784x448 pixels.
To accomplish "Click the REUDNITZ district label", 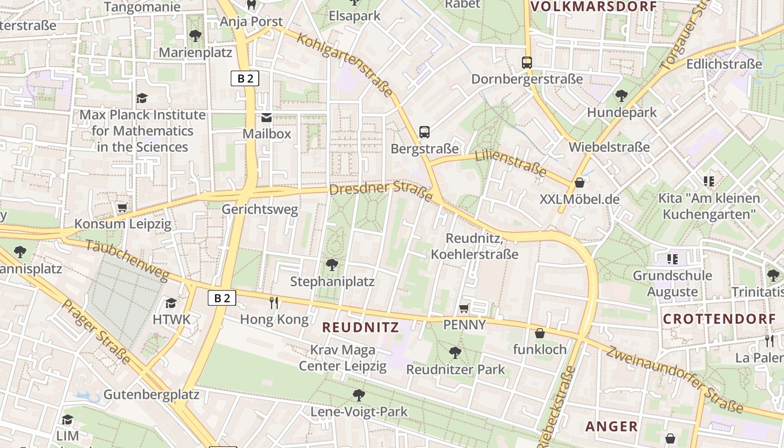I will [x=361, y=327].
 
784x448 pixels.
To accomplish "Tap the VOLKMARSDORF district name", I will [x=593, y=7].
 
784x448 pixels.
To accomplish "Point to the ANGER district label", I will [x=612, y=426].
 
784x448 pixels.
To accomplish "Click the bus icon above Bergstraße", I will [x=424, y=132].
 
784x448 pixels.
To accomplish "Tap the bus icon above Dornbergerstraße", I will [x=526, y=63].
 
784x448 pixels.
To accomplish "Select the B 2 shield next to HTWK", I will [x=222, y=298].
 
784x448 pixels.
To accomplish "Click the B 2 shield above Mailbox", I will [x=245, y=78].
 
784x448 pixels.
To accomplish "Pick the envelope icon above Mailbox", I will [x=267, y=118].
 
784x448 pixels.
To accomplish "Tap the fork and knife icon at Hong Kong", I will [x=274, y=303].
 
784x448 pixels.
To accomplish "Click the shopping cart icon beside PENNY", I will [x=464, y=308].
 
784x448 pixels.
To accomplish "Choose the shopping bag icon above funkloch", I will [x=540, y=333].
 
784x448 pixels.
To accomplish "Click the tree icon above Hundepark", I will [x=621, y=96].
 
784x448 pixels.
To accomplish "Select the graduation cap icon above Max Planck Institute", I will [x=142, y=98].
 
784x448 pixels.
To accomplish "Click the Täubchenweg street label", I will [x=127, y=260].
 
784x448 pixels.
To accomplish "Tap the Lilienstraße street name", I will [x=510, y=162].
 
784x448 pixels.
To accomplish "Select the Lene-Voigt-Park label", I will [x=359, y=412].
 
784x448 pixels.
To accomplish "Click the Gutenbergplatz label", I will [x=151, y=394].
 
